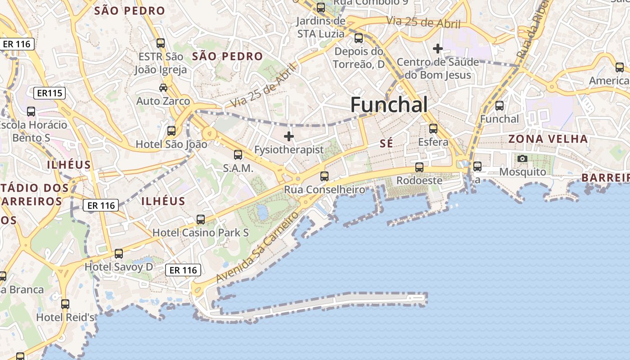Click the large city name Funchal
(x=389, y=105)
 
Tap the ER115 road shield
(x=49, y=94)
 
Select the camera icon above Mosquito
(x=522, y=158)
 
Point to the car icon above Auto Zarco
(x=163, y=87)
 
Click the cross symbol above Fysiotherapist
(x=289, y=136)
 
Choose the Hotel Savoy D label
(x=119, y=267)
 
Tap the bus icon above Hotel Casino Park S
(x=201, y=220)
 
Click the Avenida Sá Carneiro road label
(x=257, y=247)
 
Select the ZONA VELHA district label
(x=548, y=139)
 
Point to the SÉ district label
(x=386, y=144)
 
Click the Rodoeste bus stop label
(x=419, y=180)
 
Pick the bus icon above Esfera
(x=433, y=129)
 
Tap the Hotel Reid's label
(x=65, y=317)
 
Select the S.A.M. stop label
(x=238, y=169)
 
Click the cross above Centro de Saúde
(x=438, y=48)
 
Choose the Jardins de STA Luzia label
(x=321, y=27)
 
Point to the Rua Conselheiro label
(x=324, y=190)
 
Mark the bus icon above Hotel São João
(x=171, y=131)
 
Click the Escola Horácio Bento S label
(x=33, y=131)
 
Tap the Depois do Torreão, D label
(x=359, y=58)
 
